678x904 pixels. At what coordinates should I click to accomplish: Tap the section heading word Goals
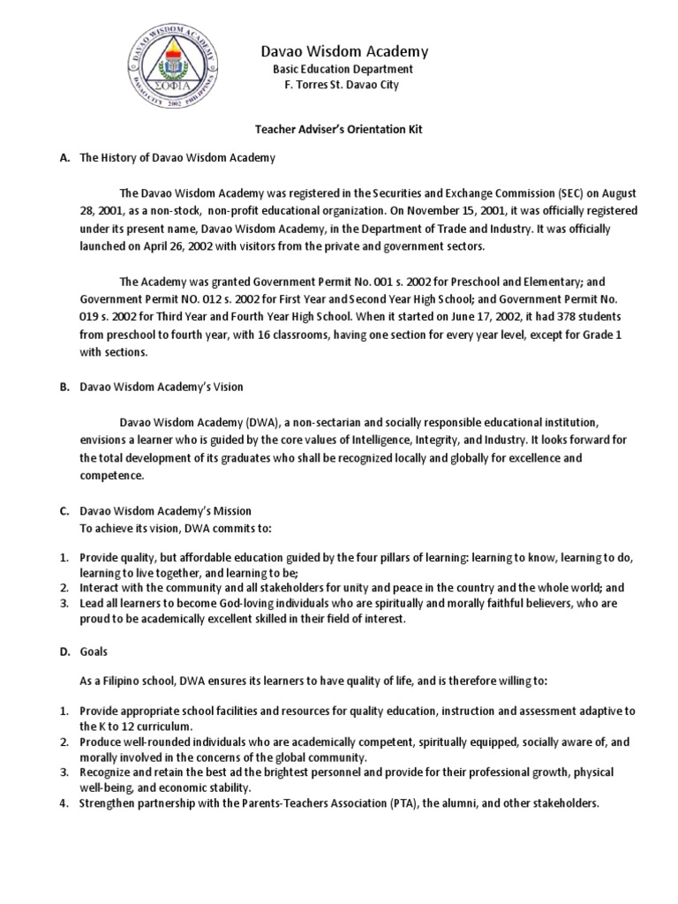[94, 652]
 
